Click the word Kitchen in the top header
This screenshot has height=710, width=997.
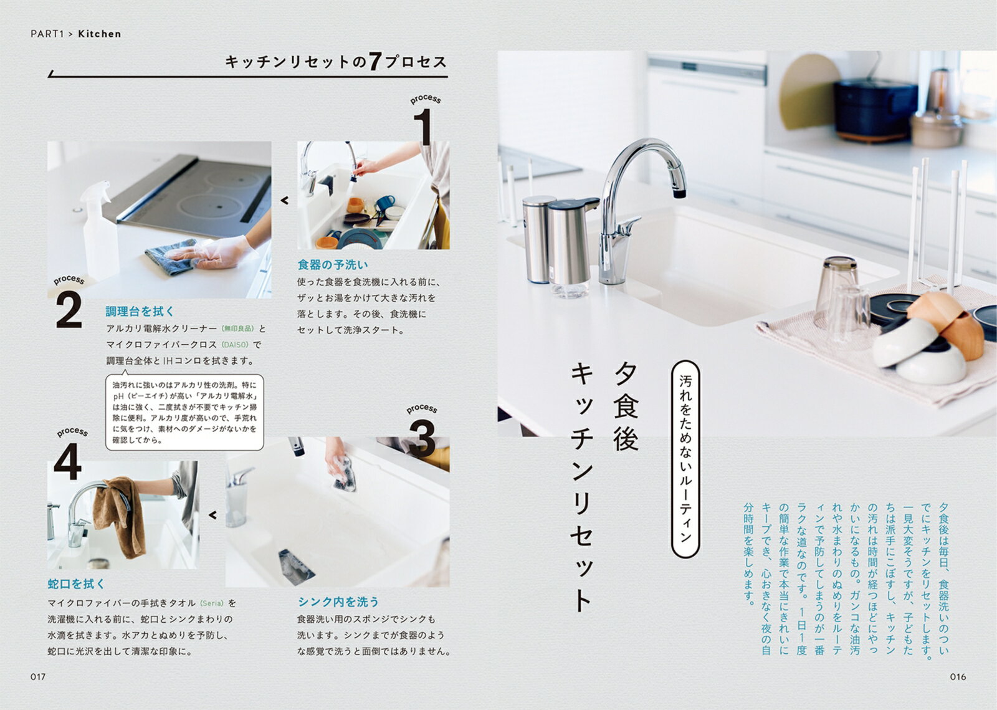click(x=99, y=34)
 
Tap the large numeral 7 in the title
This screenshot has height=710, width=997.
click(x=374, y=62)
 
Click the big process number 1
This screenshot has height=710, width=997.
click(x=423, y=127)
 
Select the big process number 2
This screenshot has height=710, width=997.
click(x=69, y=310)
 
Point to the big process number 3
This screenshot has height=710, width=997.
click(x=422, y=438)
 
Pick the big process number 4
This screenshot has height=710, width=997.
click(x=68, y=461)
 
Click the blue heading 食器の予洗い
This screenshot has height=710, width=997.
click(x=333, y=265)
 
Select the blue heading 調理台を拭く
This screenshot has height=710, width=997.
click(x=140, y=311)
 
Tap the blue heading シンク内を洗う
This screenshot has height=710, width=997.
click(x=338, y=602)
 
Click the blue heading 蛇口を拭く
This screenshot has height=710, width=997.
click(x=76, y=583)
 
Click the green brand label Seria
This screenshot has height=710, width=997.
click(x=212, y=603)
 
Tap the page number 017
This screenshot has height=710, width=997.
click(x=38, y=676)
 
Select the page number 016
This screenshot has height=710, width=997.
click(x=958, y=676)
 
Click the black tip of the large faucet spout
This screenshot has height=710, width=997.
click(x=679, y=193)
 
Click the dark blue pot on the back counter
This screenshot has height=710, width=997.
click(x=874, y=110)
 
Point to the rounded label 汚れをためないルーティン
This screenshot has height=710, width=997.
click(x=685, y=459)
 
